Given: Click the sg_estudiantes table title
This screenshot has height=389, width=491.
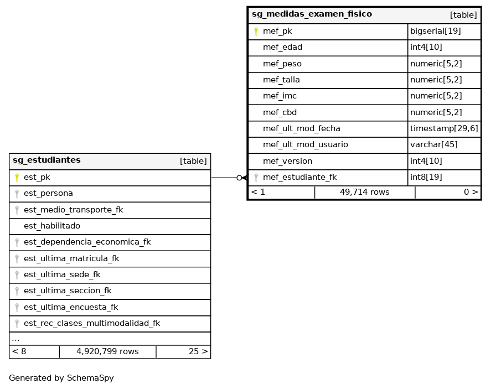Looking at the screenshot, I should coord(46,160).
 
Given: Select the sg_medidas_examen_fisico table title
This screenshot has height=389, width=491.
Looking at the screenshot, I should coord(312,14).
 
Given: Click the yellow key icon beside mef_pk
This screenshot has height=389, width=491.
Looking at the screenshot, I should coord(256,32).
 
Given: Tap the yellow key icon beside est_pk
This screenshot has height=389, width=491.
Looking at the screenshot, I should coord(17,178).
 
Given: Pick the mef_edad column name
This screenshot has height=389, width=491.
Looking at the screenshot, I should coord(282,48).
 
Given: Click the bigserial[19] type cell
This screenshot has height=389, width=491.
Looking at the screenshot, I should coord(435,32).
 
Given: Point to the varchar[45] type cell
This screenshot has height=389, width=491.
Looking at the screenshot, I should coord(433,145).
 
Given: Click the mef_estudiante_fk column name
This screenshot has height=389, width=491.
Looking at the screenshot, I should coord(299,178).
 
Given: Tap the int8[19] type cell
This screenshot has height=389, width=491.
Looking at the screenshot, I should coord(426,178).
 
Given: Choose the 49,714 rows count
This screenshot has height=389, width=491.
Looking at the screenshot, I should coord(364,193).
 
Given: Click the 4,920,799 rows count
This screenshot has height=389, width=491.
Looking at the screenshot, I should coord(107,352).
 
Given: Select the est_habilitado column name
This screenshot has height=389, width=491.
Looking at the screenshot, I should coord(52,226).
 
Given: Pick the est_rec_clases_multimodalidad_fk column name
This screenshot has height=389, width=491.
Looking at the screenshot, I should coord(92,324).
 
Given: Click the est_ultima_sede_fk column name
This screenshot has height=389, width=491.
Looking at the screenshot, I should coord(62,275).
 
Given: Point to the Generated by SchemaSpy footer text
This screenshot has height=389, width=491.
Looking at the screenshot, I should coord(61,378).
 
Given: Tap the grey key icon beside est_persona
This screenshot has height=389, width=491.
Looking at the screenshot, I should coord(17,194).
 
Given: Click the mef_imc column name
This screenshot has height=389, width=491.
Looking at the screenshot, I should coord(280,96).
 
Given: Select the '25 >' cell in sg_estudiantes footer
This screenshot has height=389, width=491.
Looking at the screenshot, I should coord(198,352).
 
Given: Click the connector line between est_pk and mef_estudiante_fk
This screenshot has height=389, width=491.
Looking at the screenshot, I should coord(224,178).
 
